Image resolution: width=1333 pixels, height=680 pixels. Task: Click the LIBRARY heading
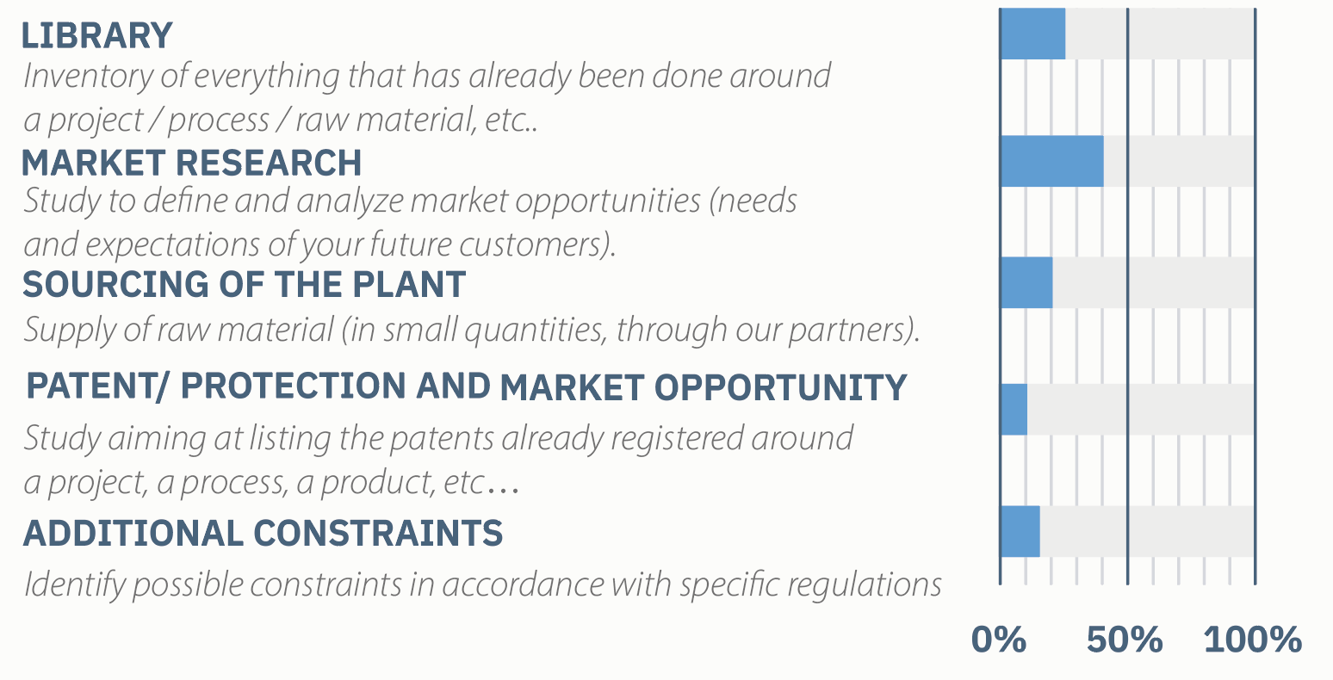coord(97,35)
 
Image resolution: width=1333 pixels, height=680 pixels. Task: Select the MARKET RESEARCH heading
coord(192,163)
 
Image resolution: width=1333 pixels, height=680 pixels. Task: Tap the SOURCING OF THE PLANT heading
coord(244,284)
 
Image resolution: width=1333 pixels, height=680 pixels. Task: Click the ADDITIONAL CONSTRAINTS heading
coord(263,533)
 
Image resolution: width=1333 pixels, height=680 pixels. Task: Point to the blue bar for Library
coord(1033,34)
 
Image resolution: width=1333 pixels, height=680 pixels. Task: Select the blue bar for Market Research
coord(1052,161)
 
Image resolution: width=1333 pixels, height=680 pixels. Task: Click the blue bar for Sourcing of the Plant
coord(1026,282)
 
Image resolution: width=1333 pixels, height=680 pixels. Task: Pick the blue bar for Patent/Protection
coord(1014,410)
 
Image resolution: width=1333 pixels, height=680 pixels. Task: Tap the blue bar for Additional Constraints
coord(1020,531)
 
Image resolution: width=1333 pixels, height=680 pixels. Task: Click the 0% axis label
coord(999,640)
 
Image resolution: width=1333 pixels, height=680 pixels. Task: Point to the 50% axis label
coord(1124,640)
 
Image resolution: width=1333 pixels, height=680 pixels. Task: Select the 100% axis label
coord(1253,640)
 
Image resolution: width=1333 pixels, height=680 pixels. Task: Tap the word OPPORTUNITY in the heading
coord(781,388)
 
